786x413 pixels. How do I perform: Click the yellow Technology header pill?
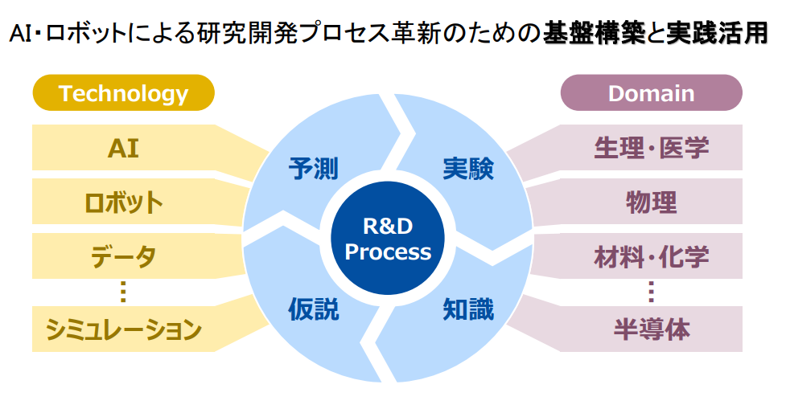(x=123, y=92)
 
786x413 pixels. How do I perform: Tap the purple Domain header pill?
(x=651, y=92)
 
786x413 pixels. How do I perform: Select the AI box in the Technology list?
(x=123, y=148)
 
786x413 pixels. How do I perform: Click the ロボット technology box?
(x=123, y=202)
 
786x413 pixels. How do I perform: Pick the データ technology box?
(x=123, y=256)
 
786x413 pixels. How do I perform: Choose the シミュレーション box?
(x=123, y=329)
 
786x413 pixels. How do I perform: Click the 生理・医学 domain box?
(x=651, y=148)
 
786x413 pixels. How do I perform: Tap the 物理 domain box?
(x=651, y=202)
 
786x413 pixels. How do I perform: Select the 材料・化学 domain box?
(x=651, y=256)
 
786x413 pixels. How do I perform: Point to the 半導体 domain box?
(x=651, y=329)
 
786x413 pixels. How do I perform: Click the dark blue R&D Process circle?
(x=388, y=239)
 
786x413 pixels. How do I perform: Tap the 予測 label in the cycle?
(x=313, y=168)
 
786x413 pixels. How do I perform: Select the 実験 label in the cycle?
(x=468, y=168)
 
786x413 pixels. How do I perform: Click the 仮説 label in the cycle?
(x=313, y=309)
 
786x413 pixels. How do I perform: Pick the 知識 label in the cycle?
(x=468, y=309)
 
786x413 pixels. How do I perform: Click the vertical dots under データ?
(x=123, y=292)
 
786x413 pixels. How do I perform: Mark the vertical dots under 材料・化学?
(x=651, y=292)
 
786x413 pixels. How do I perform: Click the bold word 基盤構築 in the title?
(x=593, y=33)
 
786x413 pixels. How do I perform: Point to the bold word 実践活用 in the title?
(x=718, y=33)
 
